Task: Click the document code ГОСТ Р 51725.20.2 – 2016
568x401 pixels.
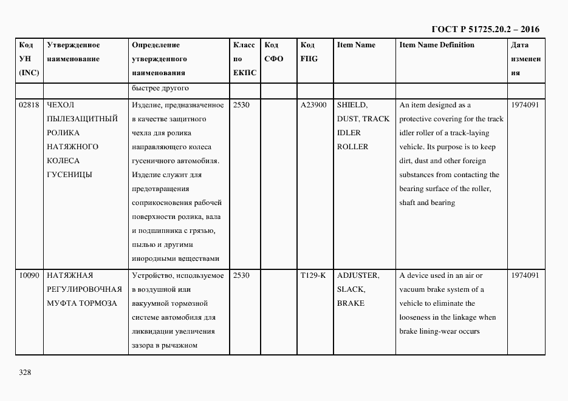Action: (x=485, y=29)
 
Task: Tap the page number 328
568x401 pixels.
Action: (x=25, y=372)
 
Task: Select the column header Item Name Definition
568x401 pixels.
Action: (x=437, y=45)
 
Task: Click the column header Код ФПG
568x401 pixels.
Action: (x=309, y=52)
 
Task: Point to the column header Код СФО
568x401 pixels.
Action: (x=273, y=52)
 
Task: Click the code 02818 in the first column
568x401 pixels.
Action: (x=29, y=105)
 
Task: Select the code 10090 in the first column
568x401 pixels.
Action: (x=29, y=275)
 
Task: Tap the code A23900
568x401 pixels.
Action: (x=313, y=105)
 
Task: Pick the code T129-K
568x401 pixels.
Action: (x=313, y=275)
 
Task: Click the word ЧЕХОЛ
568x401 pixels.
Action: (x=60, y=105)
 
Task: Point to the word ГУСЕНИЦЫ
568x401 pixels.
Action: (x=69, y=175)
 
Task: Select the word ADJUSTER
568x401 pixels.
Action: (x=358, y=275)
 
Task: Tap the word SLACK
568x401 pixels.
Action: (x=351, y=289)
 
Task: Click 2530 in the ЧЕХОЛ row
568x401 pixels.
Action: (x=242, y=105)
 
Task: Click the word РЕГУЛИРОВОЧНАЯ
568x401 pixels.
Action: (x=84, y=289)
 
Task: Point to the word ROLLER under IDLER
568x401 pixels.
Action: (x=352, y=147)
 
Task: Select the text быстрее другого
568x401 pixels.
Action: (x=160, y=89)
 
